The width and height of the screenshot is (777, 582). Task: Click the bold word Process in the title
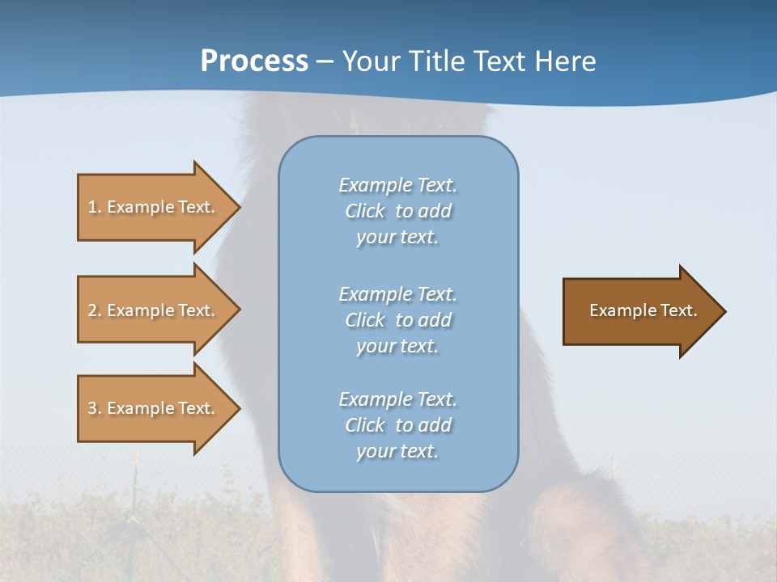click(x=254, y=61)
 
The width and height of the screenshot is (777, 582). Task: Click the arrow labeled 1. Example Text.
click(x=154, y=207)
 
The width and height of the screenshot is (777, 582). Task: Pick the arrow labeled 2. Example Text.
click(x=154, y=310)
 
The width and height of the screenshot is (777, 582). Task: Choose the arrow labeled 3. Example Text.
click(x=154, y=408)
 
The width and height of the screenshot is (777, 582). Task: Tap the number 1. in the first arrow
click(x=95, y=207)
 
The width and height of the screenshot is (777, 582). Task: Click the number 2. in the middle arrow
click(x=95, y=310)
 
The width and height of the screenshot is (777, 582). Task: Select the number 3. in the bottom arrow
click(x=95, y=408)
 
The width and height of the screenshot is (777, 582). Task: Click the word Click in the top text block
click(x=365, y=211)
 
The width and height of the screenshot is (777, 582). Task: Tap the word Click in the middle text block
click(x=365, y=320)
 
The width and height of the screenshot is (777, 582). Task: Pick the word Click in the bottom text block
click(x=365, y=425)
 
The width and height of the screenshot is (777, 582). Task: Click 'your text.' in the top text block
click(x=397, y=238)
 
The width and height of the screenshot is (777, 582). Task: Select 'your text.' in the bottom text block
click(x=397, y=452)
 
